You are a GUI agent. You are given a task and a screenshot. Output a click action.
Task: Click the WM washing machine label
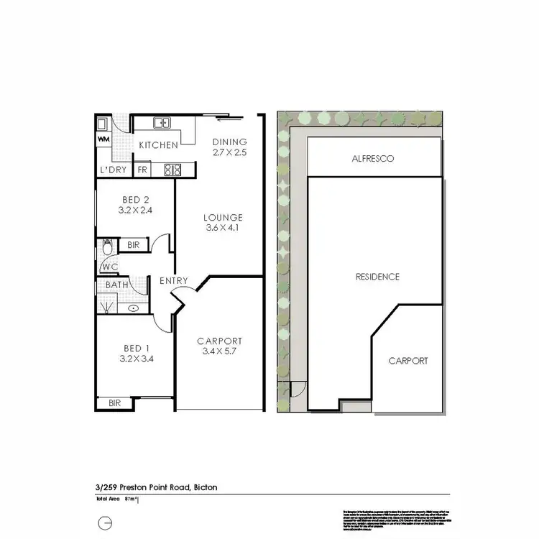tap(103, 138)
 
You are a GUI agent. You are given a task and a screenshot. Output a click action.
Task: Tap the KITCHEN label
tap(158, 145)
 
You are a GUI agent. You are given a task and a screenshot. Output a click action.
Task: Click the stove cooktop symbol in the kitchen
tap(173, 170)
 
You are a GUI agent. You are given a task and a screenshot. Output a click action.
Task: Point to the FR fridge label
tap(142, 170)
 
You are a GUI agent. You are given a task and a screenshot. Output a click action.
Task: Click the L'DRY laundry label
tap(113, 170)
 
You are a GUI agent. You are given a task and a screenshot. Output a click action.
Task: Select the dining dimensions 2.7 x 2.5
tap(229, 152)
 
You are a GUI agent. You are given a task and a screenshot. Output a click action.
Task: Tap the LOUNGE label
tap(223, 217)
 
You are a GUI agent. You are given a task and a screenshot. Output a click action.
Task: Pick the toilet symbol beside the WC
tap(107, 248)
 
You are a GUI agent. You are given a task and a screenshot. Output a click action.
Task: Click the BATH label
tap(117, 285)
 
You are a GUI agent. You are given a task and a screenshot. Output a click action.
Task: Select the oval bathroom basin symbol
tap(134, 308)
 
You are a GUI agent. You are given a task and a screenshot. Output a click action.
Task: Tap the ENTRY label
tap(173, 280)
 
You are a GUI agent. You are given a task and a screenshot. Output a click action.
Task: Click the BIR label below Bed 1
tap(115, 403)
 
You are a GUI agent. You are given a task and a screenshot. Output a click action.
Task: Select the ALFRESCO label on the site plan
tap(373, 158)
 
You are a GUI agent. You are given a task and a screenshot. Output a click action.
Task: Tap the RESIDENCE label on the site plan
tap(377, 277)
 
